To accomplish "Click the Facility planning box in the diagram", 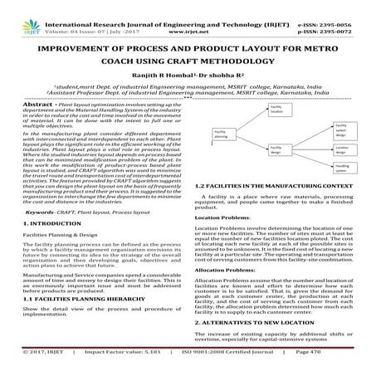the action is [224, 134].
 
